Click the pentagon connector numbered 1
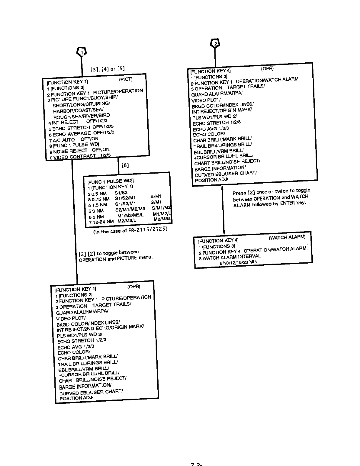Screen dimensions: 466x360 pos(82,52)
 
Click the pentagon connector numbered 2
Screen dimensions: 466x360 pos(215,43)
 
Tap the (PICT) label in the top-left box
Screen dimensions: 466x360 pos(126,79)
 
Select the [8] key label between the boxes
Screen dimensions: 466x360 pos(125,165)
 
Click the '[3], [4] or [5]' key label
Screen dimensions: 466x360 pos(107,69)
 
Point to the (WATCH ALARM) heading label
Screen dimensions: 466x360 pos(287,237)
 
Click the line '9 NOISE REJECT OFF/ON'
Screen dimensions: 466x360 pos(79,151)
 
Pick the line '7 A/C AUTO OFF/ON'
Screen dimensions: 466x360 pos(74,139)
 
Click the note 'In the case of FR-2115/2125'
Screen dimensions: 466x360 pos(130,230)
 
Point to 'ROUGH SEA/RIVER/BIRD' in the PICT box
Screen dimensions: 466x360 pos(81,116)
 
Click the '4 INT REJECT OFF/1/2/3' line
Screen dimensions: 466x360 pos(78,122)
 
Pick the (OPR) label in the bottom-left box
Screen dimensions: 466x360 pos(134,287)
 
